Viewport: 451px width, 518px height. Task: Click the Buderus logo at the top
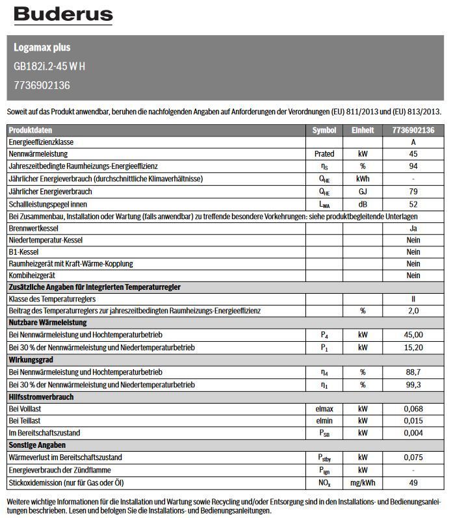(x=63, y=15)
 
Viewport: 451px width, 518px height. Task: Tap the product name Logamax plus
(x=42, y=47)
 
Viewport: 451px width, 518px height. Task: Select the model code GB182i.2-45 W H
(x=49, y=66)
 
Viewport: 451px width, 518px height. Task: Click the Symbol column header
(x=324, y=130)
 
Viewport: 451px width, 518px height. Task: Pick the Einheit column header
(x=363, y=130)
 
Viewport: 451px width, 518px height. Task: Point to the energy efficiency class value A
(x=413, y=142)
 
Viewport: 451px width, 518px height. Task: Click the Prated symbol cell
(x=324, y=155)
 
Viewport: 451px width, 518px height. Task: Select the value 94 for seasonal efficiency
(x=413, y=167)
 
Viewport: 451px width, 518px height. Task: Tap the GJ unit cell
(x=363, y=192)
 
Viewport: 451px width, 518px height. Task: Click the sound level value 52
(x=413, y=204)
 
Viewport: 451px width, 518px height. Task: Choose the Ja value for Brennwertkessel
(x=413, y=229)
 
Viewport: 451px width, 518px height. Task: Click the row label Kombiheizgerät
(x=32, y=276)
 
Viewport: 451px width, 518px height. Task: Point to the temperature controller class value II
(x=413, y=299)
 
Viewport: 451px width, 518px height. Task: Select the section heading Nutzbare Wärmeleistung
(x=47, y=323)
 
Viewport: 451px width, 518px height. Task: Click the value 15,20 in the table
(x=413, y=348)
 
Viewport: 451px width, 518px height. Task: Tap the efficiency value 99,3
(x=413, y=385)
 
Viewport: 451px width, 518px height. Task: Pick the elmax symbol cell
(x=324, y=409)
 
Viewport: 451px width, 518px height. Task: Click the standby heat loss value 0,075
(x=413, y=458)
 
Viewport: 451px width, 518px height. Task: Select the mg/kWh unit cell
(x=363, y=482)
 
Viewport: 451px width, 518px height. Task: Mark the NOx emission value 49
(x=413, y=482)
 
